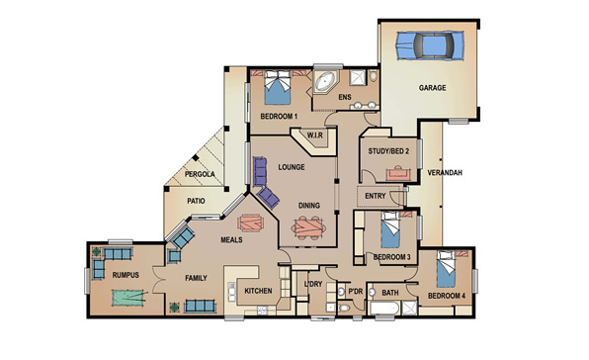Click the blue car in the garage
tap(430, 45)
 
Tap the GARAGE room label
tap(432, 88)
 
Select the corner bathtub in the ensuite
tap(324, 81)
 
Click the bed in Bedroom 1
tap(278, 87)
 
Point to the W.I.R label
tap(315, 135)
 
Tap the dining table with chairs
tap(308, 227)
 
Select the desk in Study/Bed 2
tap(398, 173)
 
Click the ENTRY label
tap(376, 196)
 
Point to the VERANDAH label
tap(445, 173)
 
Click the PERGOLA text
tap(200, 174)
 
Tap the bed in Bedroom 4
tap(446, 269)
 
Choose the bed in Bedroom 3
tap(390, 230)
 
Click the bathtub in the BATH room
tap(384, 309)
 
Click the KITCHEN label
tap(258, 291)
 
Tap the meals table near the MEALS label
tap(251, 223)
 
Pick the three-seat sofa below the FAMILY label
tap(201, 307)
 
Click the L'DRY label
tap(313, 284)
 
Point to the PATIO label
tap(196, 201)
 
